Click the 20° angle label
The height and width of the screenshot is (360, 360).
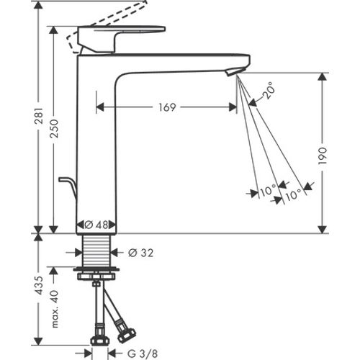click(268, 92)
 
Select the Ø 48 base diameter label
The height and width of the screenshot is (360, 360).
click(96, 225)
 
